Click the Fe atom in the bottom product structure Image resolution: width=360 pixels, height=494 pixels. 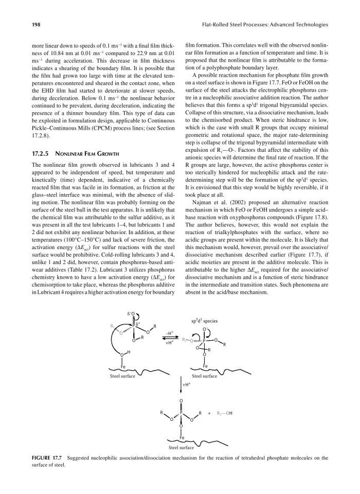[x=182, y=437]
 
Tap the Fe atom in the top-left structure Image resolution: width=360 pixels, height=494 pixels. [x=122, y=366]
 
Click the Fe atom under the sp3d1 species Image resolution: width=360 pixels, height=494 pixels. [x=205, y=366]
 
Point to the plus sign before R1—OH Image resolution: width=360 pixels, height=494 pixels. [x=210, y=413]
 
